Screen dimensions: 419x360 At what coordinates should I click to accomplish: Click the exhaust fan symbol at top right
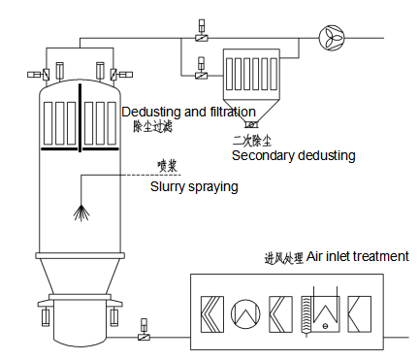[332, 38]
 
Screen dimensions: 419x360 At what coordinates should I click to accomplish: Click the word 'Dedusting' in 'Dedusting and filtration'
[151, 112]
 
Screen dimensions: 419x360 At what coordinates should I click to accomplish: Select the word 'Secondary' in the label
[263, 155]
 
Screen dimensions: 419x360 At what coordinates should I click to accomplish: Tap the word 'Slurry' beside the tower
[167, 187]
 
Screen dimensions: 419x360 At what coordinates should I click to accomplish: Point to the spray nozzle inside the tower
[81, 213]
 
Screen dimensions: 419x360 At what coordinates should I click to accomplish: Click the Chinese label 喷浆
[167, 166]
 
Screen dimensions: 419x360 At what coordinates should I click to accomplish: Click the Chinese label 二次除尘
[252, 141]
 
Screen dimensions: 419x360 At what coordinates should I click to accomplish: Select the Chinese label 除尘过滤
[152, 126]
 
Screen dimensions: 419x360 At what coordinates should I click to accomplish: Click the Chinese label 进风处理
[284, 258]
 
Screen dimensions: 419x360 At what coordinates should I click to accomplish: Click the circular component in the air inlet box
[245, 313]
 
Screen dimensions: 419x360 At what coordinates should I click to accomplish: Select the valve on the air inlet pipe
[144, 337]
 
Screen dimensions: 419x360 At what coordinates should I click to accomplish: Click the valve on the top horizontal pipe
[202, 38]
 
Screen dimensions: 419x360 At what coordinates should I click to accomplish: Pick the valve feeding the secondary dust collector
[201, 76]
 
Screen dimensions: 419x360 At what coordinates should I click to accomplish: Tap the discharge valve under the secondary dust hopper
[251, 124]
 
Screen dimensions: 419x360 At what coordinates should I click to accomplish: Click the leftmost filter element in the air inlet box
[212, 314]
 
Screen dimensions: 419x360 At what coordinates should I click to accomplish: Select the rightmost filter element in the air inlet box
[359, 314]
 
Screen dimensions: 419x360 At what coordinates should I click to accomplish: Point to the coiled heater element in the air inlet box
[306, 314]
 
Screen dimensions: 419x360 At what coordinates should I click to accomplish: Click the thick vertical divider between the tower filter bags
[80, 117]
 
